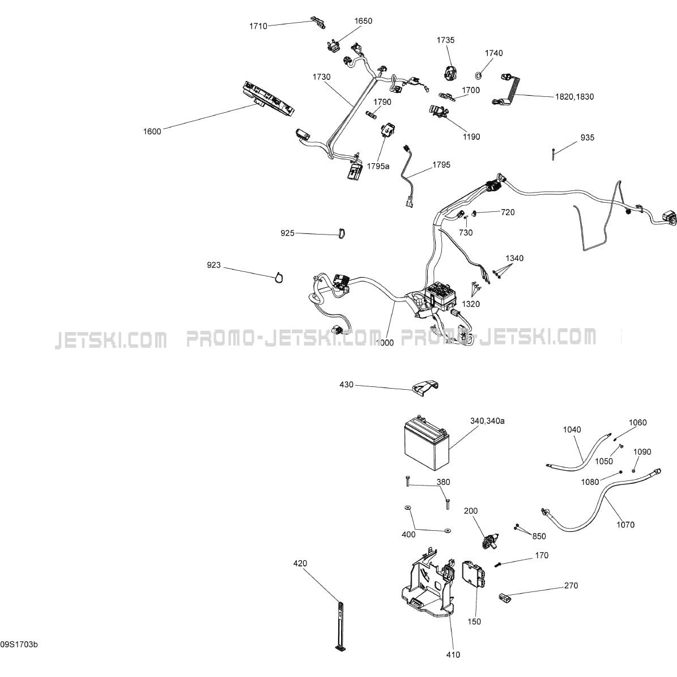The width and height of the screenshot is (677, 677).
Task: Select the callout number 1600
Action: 152,131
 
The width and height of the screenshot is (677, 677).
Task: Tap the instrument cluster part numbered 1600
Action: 269,99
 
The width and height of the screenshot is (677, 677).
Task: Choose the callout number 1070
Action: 625,525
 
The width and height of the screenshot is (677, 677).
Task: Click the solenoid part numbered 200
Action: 489,540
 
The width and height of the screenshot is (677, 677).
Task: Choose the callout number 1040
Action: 572,430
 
